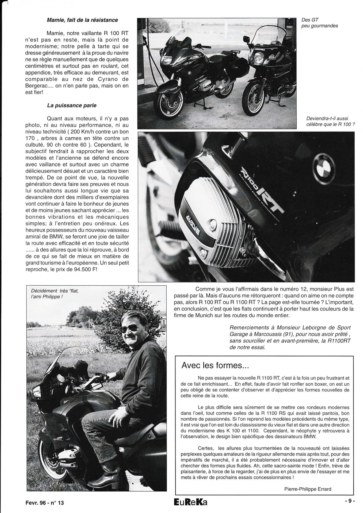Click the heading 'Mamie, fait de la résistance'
[82, 20]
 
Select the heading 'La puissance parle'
[72, 105]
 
